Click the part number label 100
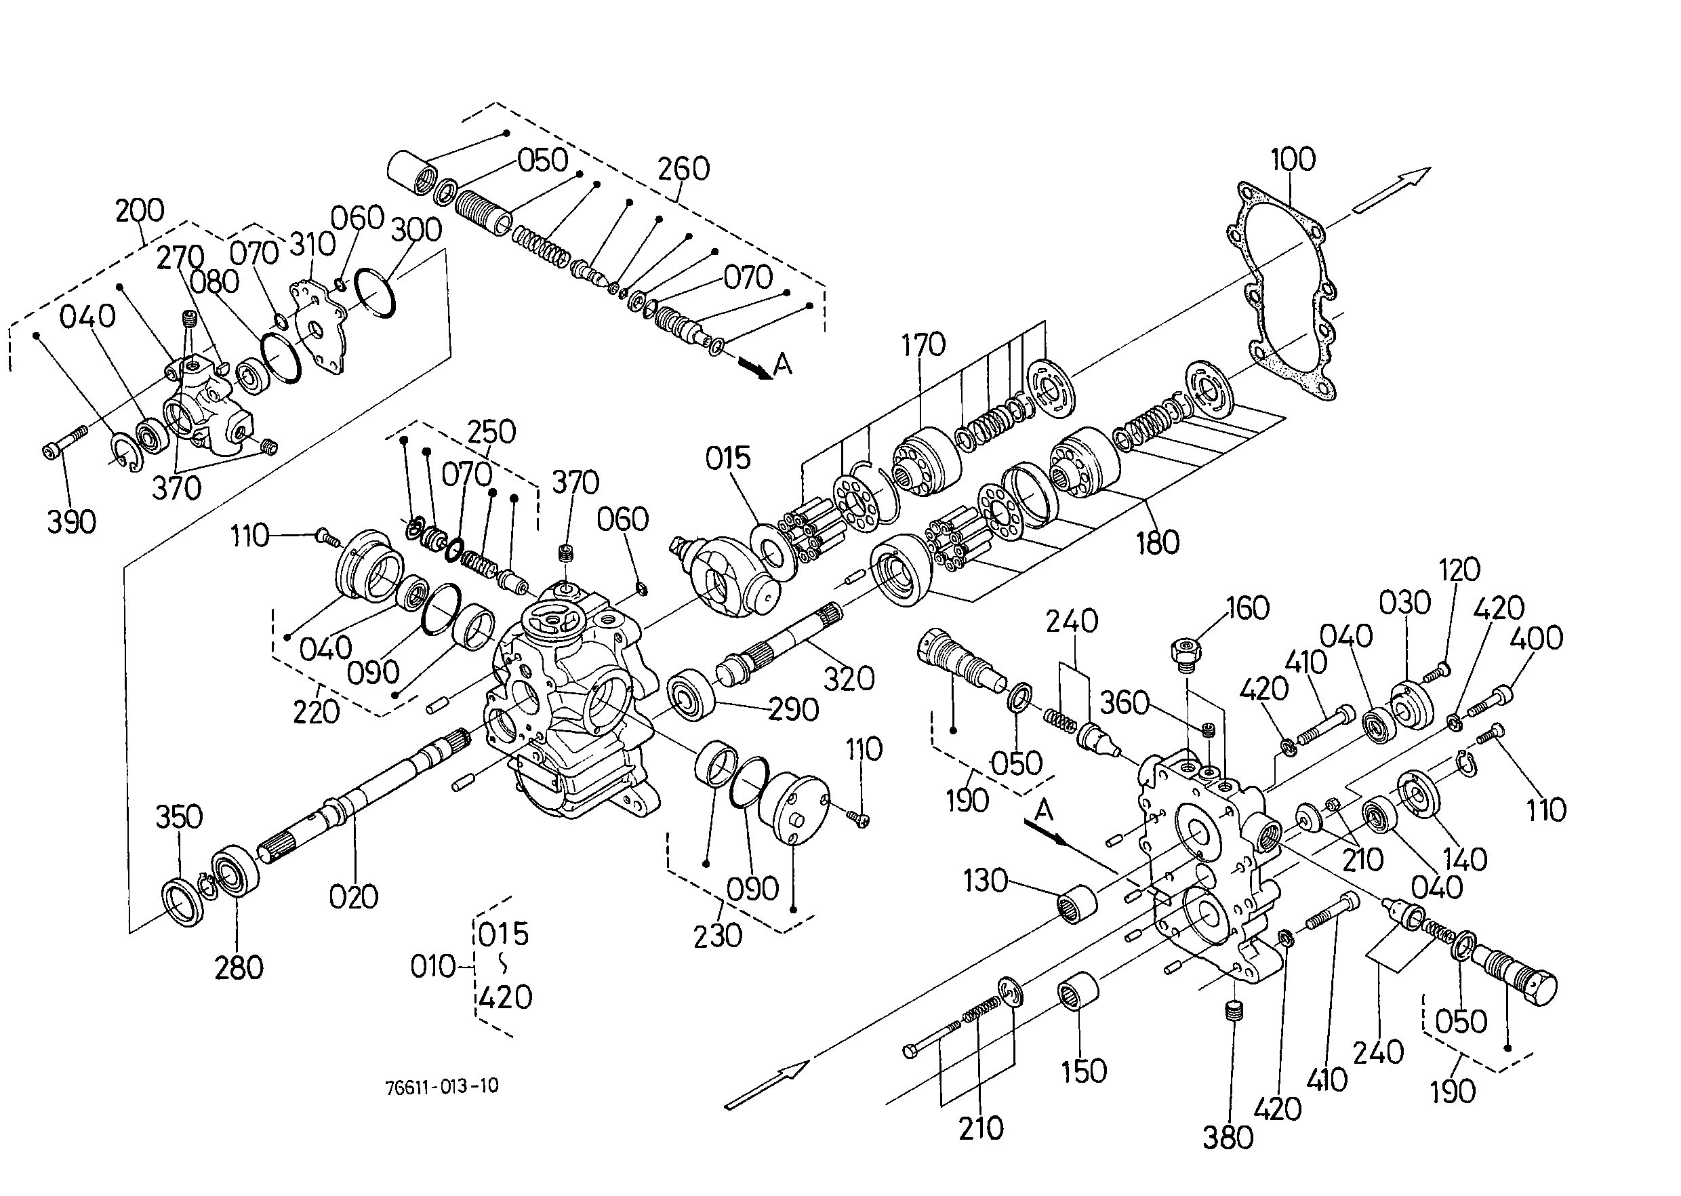(1293, 159)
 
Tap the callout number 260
(683, 169)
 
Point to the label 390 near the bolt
(71, 522)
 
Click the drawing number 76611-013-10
(442, 1086)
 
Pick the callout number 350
(179, 817)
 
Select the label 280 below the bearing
(239, 968)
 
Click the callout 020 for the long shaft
(353, 897)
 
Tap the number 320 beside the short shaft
(849, 679)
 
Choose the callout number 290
(794, 709)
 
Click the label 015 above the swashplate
(727, 458)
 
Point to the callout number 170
(923, 344)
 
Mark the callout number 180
(1158, 543)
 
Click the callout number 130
(985, 881)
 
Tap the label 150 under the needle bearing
(1084, 1071)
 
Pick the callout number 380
(1228, 1138)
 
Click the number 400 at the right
(1536, 638)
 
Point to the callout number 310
(312, 244)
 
